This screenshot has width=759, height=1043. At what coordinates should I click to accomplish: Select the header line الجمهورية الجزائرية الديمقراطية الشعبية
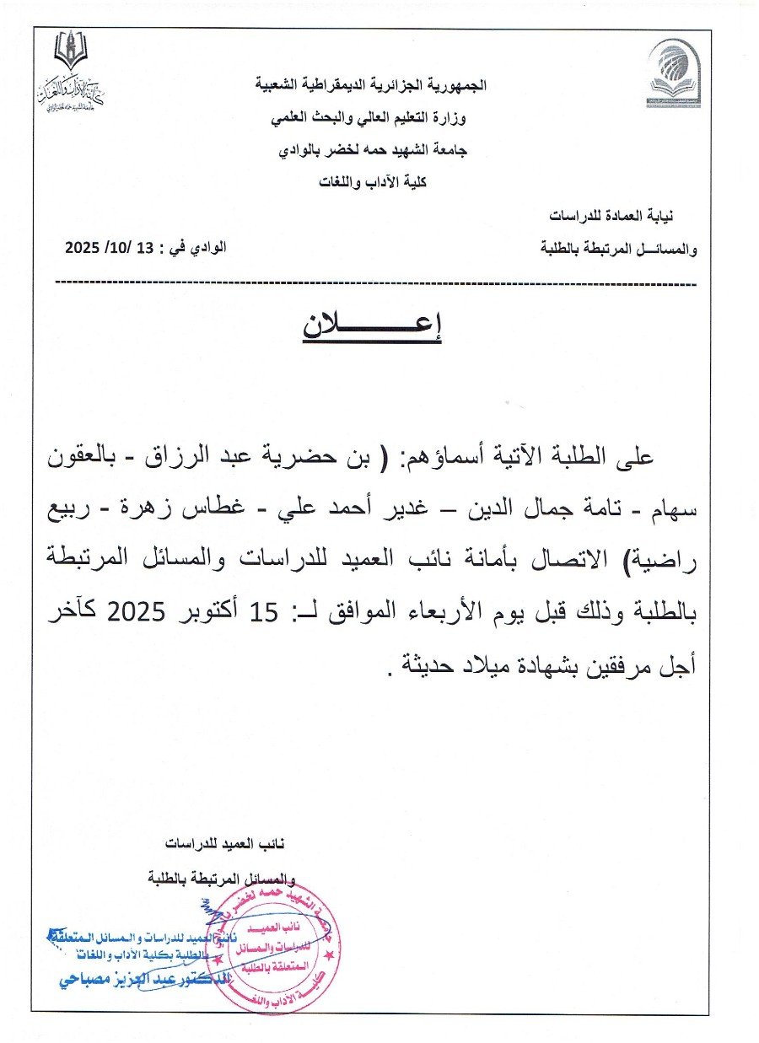point(371,85)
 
